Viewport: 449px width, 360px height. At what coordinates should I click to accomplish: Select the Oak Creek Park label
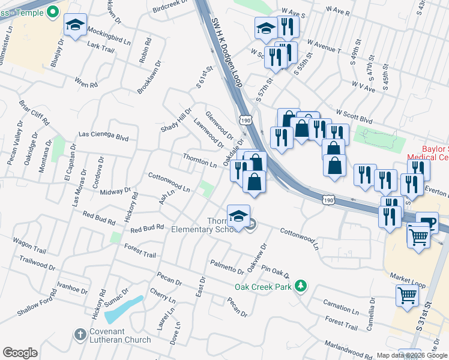tap(263, 287)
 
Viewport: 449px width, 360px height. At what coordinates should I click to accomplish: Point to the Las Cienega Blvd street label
tap(104, 137)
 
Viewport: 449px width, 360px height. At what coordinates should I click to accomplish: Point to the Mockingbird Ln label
tap(109, 35)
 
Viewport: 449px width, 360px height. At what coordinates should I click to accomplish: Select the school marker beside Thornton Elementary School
tap(238, 215)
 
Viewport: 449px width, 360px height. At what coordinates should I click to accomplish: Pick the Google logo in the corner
tap(20, 353)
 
